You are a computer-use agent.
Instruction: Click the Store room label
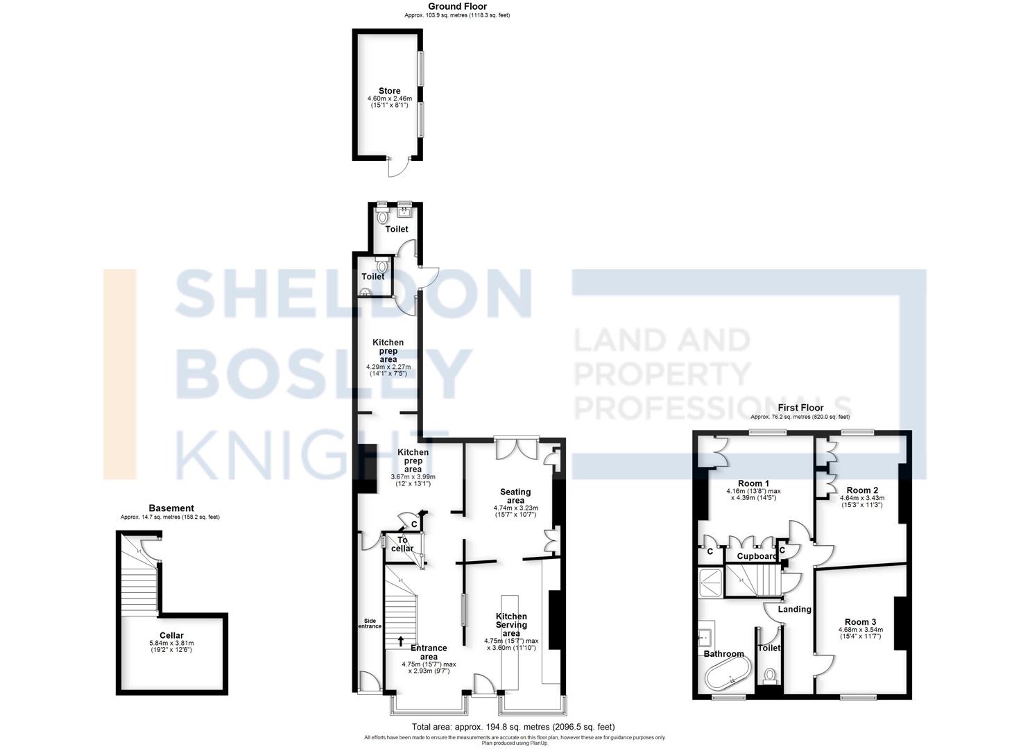coord(389,91)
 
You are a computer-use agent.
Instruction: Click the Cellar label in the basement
coord(171,635)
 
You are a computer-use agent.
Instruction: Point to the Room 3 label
coord(860,622)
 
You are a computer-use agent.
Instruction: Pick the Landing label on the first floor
coord(794,610)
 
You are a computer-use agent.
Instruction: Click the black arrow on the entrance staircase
coord(401,641)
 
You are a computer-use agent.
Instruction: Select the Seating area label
coord(515,496)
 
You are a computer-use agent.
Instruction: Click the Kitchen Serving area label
coord(510,624)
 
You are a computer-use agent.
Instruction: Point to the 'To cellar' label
coord(402,544)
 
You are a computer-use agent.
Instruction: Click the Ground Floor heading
coord(457,6)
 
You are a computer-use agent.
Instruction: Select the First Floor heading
coord(800,408)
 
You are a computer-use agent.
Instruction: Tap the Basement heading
coord(171,508)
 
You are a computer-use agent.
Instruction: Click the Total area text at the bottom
coord(513,727)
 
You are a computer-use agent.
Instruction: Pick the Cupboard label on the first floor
coord(757,556)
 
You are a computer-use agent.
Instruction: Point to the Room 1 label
coord(753,483)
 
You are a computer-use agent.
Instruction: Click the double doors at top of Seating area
coord(515,449)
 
